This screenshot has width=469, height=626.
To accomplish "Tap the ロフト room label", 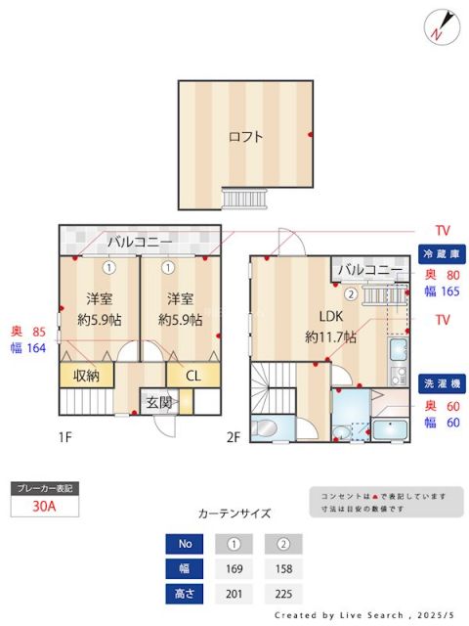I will [245, 137].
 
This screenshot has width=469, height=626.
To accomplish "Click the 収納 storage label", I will [86, 376].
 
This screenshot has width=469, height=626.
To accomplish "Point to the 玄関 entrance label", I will [159, 402].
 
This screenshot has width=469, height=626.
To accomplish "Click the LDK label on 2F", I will [327, 316].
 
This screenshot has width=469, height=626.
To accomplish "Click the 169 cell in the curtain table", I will [234, 567].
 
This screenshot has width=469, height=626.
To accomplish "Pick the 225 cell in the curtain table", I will [283, 593].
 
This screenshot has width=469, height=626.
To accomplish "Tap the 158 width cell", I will [283, 567].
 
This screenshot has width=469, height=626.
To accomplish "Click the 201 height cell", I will [234, 593].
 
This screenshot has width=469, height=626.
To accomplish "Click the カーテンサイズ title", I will [234, 514].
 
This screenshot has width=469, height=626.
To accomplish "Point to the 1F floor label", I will [64, 438].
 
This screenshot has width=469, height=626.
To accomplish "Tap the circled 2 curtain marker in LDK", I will [350, 291].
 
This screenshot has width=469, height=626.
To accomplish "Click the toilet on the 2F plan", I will [265, 427].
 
